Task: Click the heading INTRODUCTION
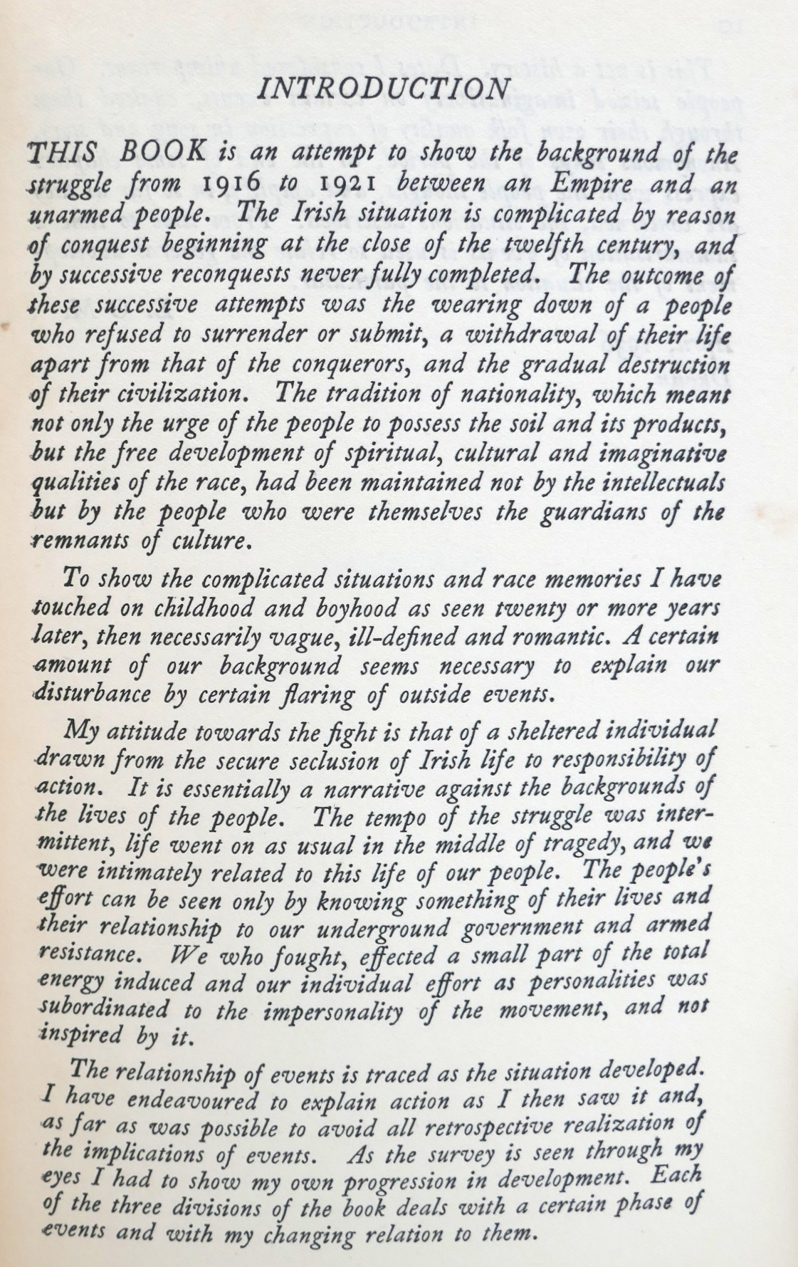pyautogui.click(x=384, y=88)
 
